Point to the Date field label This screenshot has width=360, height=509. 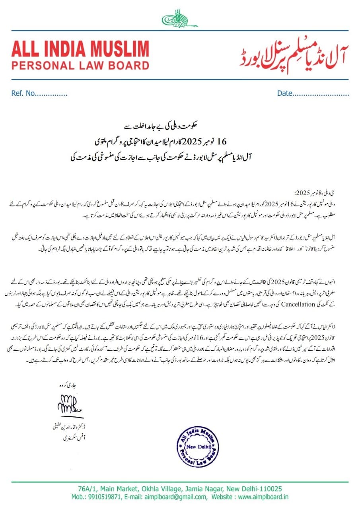click(x=284, y=94)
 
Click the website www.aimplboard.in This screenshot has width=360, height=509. click(x=263, y=497)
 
